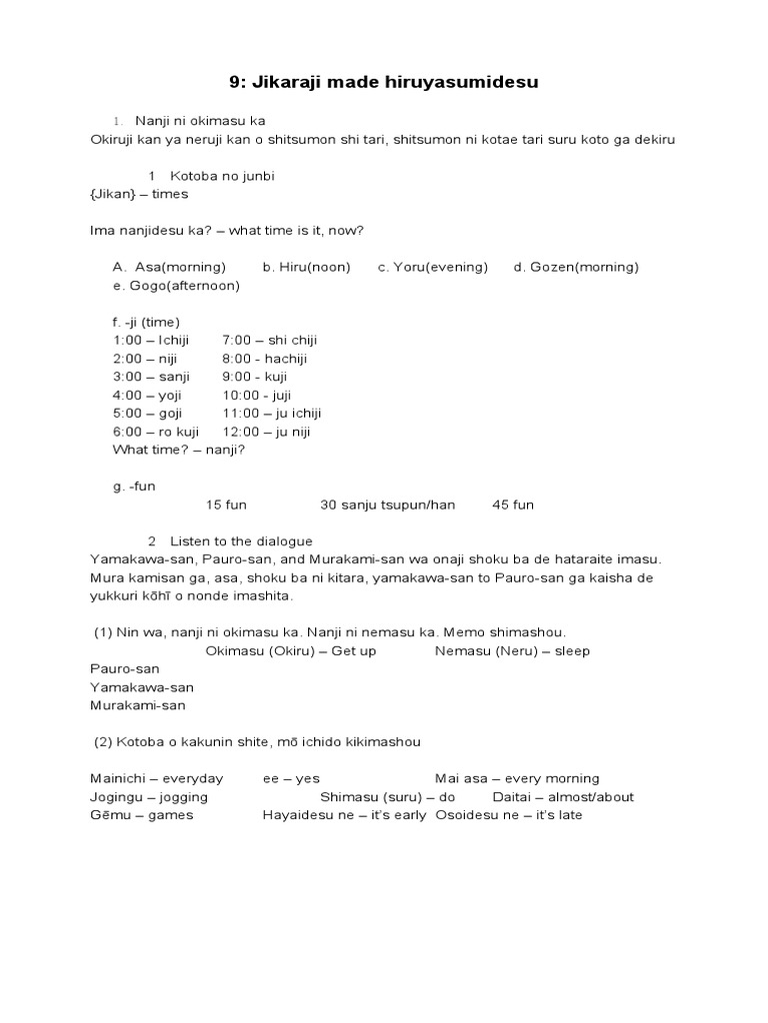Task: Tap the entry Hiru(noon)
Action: pos(299,267)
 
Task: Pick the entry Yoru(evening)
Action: pos(433,267)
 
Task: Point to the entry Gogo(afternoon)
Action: pos(177,286)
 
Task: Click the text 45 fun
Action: pos(513,505)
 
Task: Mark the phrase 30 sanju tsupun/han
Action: pos(387,505)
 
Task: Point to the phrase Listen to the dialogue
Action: pos(241,541)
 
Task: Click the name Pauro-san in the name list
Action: pos(125,668)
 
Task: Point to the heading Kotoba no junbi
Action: pos(222,176)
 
